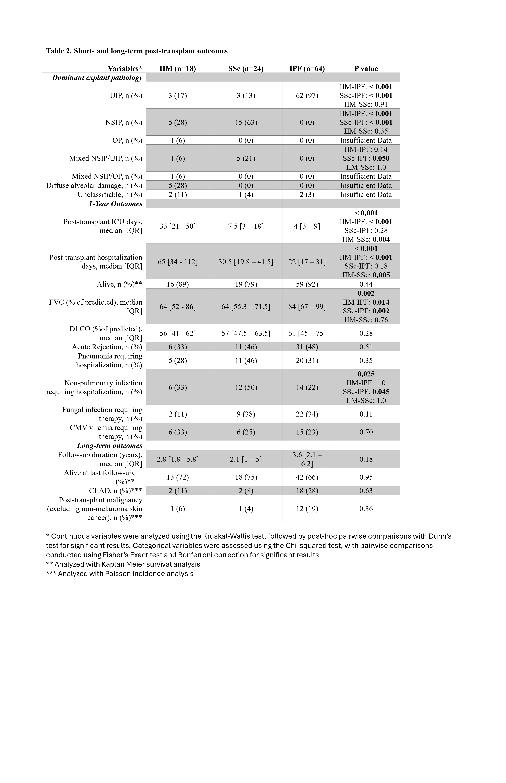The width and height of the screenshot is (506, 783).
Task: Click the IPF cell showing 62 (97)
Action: (307, 96)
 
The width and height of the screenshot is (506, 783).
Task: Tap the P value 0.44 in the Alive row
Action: (366, 284)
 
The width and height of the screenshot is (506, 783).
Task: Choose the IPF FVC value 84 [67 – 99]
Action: (307, 307)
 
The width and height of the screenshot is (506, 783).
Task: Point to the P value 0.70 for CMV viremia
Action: (366, 432)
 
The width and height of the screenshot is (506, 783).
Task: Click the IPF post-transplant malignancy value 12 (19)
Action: (307, 509)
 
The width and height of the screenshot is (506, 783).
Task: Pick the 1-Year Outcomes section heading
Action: (115, 204)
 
